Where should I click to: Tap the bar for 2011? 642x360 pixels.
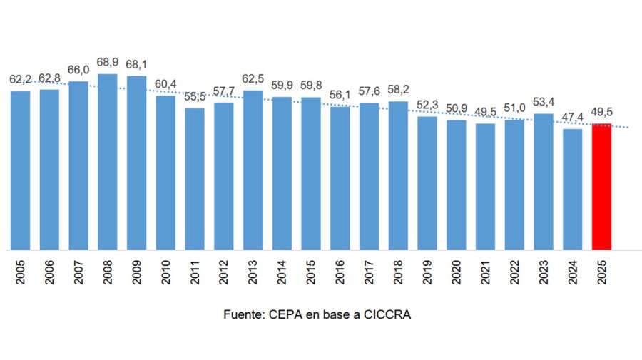(194, 179)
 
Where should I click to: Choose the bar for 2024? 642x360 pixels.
(572, 189)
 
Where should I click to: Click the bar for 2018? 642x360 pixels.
(398, 175)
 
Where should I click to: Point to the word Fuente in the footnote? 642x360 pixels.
(243, 314)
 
